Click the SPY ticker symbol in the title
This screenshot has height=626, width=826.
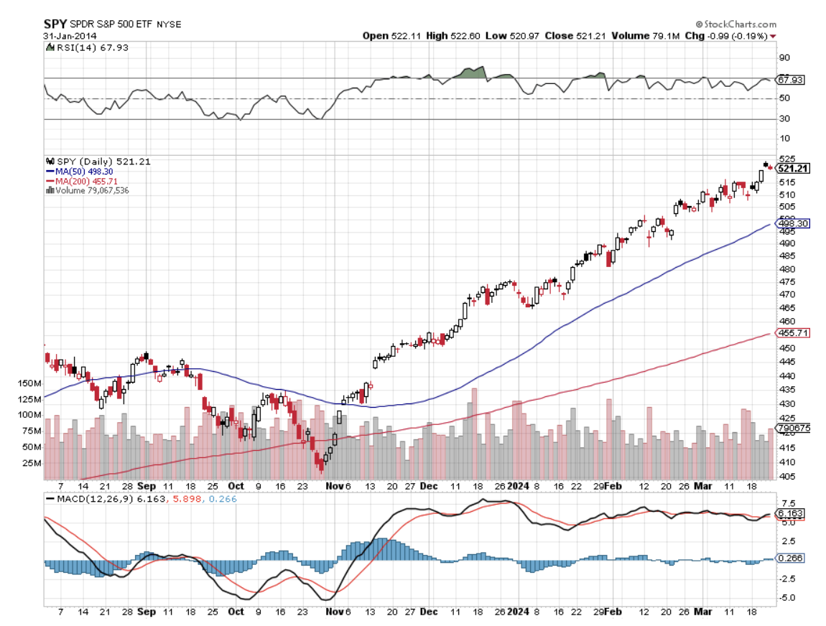coord(56,23)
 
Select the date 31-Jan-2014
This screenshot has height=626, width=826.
coord(70,35)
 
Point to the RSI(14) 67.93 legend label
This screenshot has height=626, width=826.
coord(79,47)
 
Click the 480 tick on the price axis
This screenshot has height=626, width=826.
coord(786,268)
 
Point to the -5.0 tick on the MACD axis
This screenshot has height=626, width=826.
coord(786,597)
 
